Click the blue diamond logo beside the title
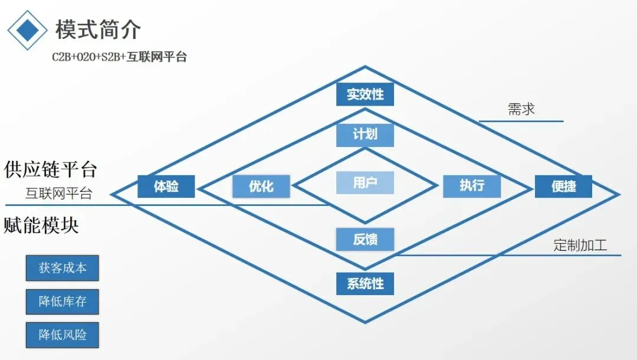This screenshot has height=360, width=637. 27,30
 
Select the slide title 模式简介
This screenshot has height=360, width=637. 98,29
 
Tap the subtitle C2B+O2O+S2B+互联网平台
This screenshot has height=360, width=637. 119,57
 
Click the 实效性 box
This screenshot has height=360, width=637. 365,94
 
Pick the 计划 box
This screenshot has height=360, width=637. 365,134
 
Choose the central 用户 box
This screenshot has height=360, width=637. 365,183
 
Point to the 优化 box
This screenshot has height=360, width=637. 261,186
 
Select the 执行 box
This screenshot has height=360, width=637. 472,186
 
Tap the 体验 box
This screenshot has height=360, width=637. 166,186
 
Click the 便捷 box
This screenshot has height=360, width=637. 563,186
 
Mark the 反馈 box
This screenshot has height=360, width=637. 365,240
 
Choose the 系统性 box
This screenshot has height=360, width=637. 365,283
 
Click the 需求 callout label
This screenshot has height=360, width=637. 521,109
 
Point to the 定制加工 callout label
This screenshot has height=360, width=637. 580,245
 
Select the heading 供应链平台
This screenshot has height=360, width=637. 50,169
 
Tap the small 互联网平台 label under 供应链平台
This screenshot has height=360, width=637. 58,194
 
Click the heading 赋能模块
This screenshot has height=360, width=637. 41,225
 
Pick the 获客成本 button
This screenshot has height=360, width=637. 62,268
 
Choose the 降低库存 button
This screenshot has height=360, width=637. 62,302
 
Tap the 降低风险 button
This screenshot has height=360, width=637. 62,335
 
